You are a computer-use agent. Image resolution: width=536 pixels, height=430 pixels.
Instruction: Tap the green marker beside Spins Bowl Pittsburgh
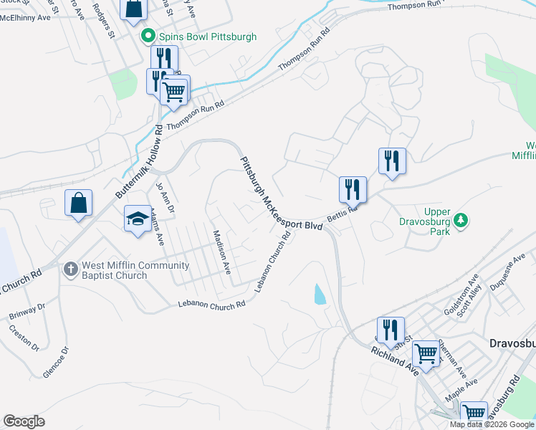click(149, 35)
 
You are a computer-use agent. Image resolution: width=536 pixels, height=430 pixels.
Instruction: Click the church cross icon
click(70, 269)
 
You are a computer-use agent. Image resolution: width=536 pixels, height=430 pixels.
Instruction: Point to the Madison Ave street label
click(221, 252)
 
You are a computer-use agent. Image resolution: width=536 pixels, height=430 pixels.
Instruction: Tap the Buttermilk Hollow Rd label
click(139, 162)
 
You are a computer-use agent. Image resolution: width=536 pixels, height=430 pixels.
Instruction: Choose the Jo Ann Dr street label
click(161, 198)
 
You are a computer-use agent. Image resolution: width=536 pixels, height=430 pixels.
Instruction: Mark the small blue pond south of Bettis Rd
click(318, 293)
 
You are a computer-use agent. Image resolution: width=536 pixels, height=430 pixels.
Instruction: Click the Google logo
click(24, 421)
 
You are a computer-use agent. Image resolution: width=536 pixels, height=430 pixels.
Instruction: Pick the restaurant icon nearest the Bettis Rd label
click(353, 190)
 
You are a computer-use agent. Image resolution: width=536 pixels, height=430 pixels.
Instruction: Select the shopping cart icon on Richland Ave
click(426, 353)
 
